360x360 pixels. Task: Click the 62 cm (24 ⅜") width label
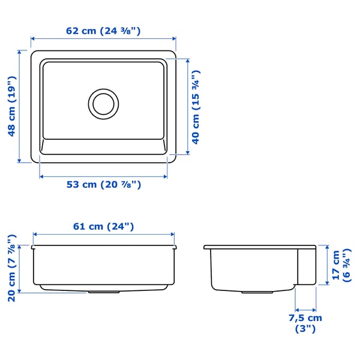103,31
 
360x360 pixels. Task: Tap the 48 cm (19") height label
11,107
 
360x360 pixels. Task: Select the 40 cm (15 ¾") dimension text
196,107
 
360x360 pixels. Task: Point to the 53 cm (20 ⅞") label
103,185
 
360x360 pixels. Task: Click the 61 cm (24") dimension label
103,226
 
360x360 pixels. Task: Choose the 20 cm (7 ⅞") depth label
11,268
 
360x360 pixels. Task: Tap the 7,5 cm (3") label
305,323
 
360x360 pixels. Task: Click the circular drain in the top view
103,103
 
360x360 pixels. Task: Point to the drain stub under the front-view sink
103,292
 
